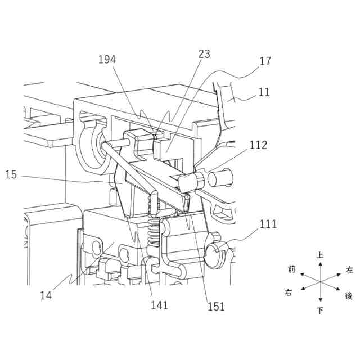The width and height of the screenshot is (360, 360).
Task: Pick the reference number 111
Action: (x=268, y=223)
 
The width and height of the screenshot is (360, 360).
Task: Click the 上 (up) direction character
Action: (x=320, y=255)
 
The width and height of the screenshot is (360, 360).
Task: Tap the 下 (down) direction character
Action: (x=320, y=311)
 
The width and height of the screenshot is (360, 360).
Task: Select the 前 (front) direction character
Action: (x=291, y=269)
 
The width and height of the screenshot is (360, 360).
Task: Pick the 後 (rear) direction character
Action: (x=349, y=295)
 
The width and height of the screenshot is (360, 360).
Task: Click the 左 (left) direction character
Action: (x=349, y=270)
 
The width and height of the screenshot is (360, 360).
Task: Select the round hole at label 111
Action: (x=215, y=253)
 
